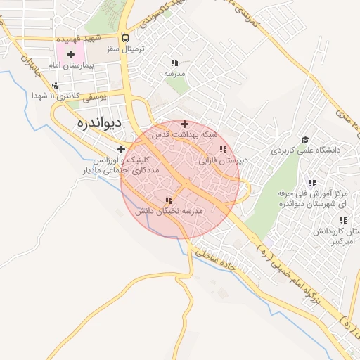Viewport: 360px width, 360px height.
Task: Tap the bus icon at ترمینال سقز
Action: click(125, 38)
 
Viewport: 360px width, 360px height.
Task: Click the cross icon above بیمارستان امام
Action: click(70, 54)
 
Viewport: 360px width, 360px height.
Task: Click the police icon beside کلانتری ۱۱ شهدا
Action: click(55, 85)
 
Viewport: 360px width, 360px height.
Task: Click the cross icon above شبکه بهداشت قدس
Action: click(184, 124)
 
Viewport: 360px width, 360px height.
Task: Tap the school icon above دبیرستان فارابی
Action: click(223, 149)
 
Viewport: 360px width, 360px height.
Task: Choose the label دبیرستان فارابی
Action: click(224, 160)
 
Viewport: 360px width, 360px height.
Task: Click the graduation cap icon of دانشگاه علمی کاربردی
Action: click(304, 139)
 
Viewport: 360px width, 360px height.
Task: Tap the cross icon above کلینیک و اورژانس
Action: click(121, 149)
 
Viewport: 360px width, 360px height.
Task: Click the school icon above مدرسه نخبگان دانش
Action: click(168, 200)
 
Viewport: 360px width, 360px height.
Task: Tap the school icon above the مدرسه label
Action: click(174, 62)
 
